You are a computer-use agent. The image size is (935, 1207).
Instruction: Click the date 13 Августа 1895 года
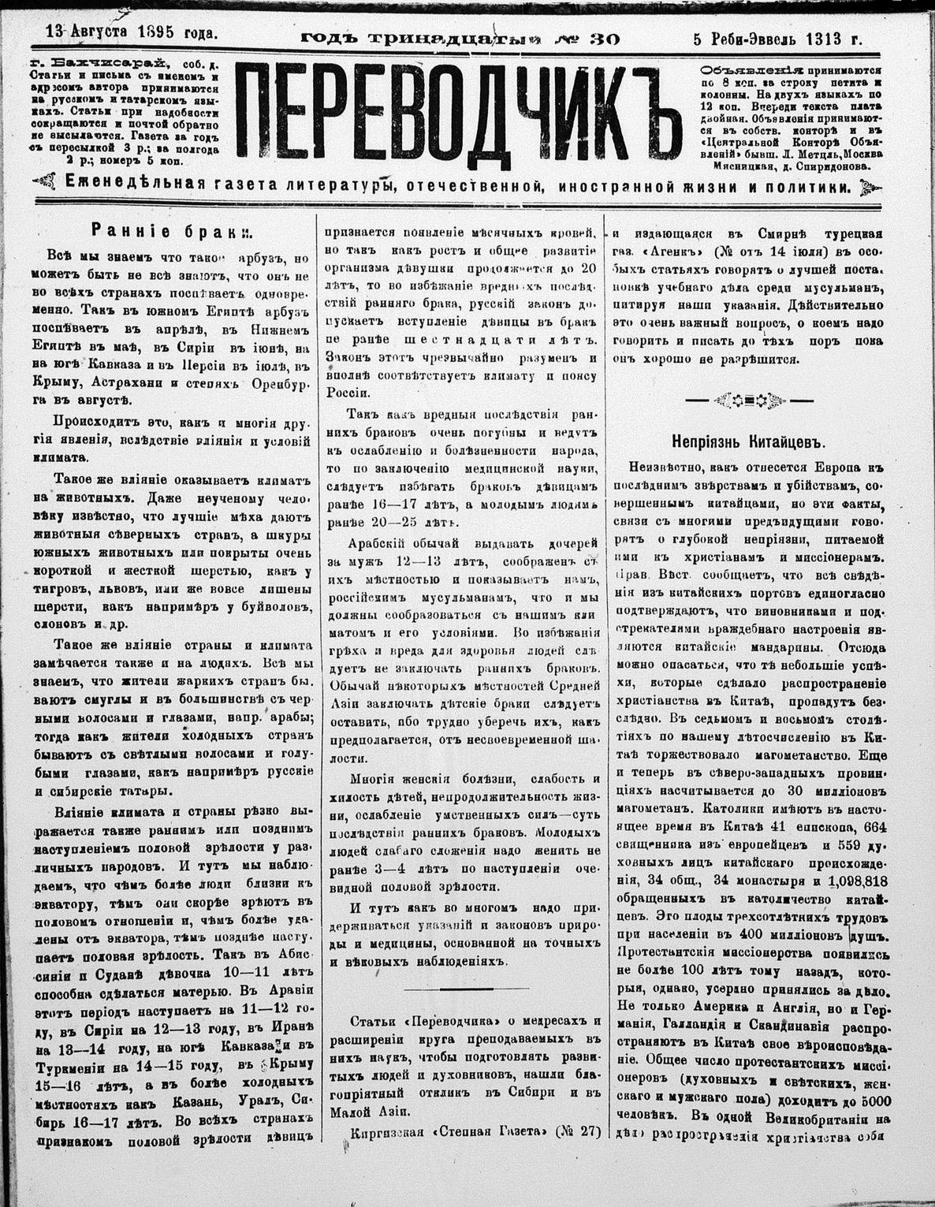pos(131,33)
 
